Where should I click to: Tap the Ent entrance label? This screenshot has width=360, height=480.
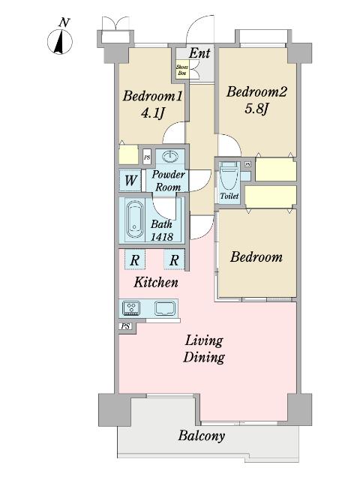(199, 53)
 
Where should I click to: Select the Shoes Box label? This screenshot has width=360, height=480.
(181, 70)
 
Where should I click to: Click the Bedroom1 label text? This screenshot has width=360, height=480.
(152, 96)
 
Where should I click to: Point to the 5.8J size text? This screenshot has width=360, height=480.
(256, 109)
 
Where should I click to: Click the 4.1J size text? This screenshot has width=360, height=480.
(153, 113)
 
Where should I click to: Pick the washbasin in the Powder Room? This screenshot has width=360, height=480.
(170, 157)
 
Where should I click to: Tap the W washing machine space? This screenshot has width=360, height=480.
(130, 180)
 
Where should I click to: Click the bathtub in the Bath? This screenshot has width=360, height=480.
(135, 219)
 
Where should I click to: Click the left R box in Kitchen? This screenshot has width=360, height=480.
(135, 259)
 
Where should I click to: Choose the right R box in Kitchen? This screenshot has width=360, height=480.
(174, 259)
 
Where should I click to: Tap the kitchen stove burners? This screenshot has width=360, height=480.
(131, 307)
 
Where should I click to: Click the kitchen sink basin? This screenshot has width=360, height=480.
(165, 308)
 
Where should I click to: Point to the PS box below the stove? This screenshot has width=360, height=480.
(125, 326)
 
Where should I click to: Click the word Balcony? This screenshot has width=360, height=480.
(202, 436)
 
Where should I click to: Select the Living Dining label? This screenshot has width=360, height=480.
(204, 349)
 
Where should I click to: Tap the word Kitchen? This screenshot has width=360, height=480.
(156, 282)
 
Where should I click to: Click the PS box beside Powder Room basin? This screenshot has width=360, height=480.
(147, 157)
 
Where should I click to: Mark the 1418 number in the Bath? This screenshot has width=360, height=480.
(162, 237)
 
